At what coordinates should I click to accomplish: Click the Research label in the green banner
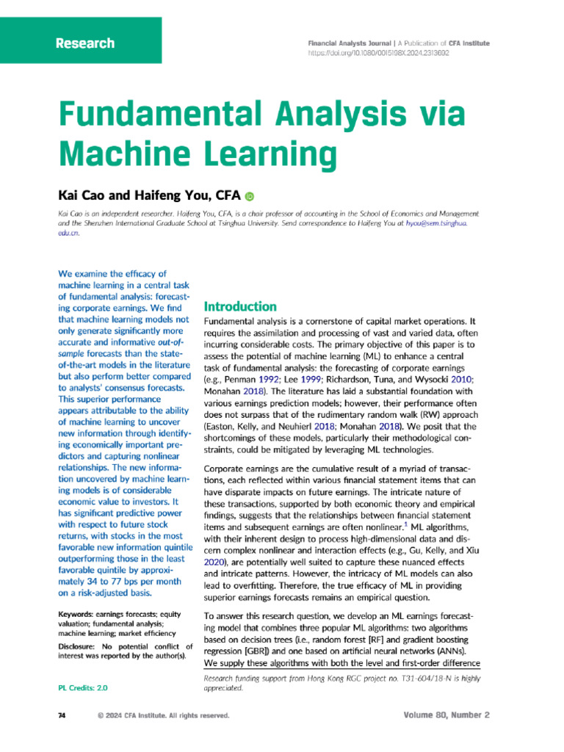click(x=85, y=43)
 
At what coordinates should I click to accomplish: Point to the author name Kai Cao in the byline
click(x=81, y=195)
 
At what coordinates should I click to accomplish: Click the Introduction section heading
click(x=240, y=306)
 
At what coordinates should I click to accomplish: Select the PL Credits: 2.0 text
click(x=82, y=688)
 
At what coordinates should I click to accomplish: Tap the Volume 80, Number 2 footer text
click(x=446, y=715)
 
